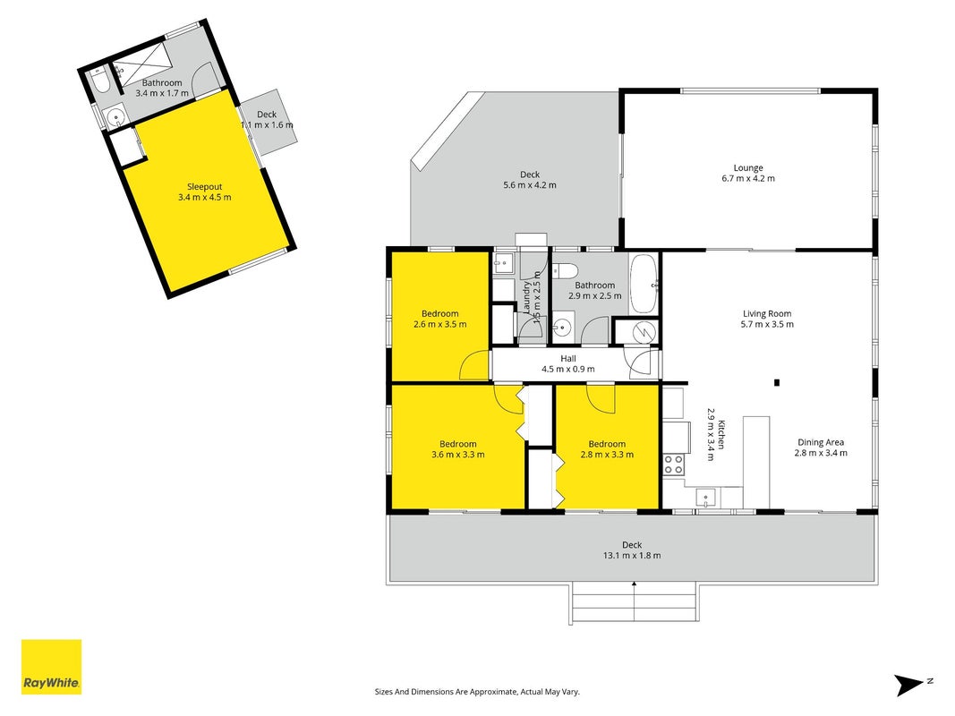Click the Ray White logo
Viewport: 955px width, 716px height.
(51, 667)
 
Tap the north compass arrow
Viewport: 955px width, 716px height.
(911, 685)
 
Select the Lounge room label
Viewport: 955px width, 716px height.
(748, 168)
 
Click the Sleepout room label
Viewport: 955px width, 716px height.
(205, 187)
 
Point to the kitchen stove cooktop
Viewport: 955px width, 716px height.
(674, 465)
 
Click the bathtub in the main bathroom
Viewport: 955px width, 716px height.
(644, 284)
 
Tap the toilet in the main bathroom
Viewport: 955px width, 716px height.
(565, 269)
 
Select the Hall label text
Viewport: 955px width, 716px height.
(568, 359)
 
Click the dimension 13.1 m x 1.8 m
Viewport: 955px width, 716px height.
(632, 555)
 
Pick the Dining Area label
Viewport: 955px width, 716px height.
(821, 443)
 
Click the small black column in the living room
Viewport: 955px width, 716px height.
(777, 383)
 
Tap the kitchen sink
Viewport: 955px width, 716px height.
(706, 498)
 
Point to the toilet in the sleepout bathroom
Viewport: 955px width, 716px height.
(99, 81)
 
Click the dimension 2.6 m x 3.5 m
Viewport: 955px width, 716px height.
(439, 325)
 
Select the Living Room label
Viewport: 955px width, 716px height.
(767, 314)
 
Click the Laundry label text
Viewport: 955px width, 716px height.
(527, 297)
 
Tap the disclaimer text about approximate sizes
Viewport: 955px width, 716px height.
(477, 692)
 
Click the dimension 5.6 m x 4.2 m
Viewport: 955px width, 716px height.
(529, 185)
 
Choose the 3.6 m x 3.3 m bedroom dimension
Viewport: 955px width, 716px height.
(457, 454)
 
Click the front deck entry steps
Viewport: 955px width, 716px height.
(634, 602)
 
